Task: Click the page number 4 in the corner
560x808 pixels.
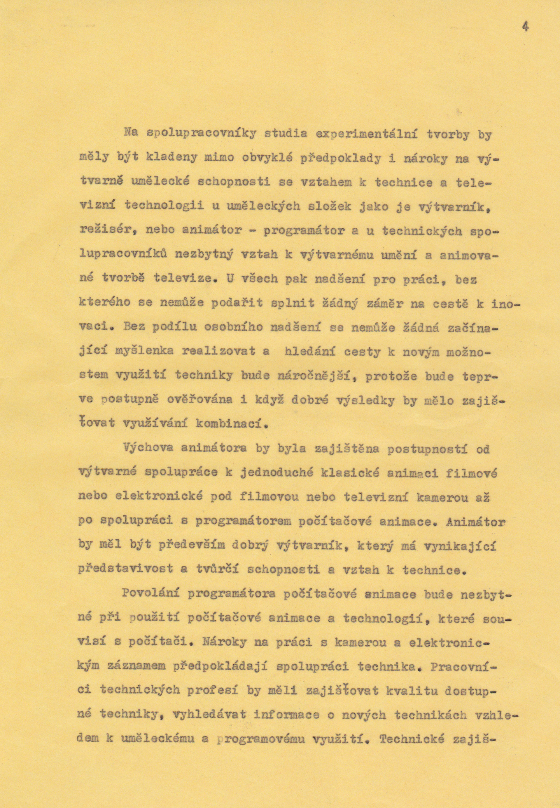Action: click(x=525, y=27)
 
